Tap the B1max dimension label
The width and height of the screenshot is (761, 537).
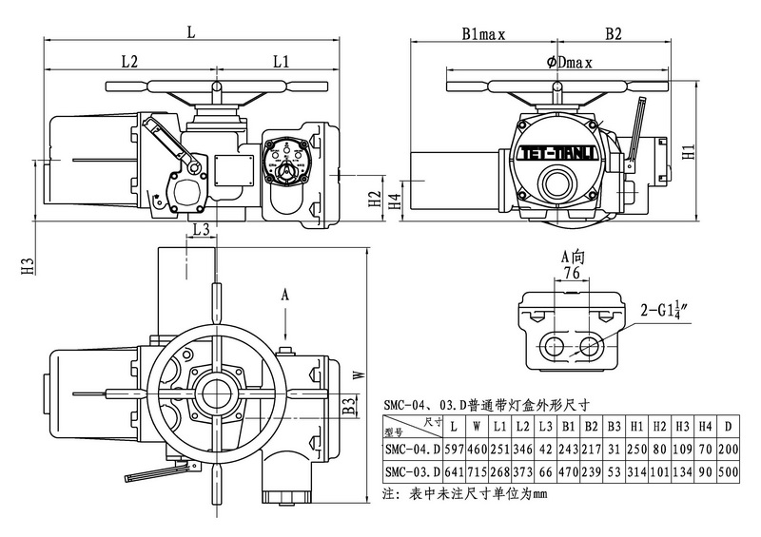pos(482,34)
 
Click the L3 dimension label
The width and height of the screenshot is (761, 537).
pos(201,230)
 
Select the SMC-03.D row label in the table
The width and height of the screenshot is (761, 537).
pos(411,471)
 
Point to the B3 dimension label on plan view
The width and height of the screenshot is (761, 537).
pos(349,408)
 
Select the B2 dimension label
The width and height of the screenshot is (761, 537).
pos(614,34)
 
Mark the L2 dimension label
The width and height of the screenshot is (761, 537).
pos(130,62)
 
